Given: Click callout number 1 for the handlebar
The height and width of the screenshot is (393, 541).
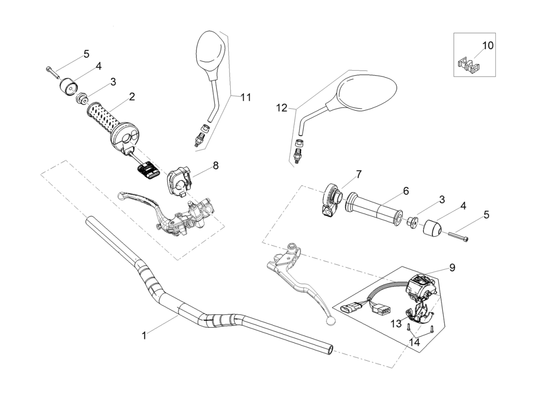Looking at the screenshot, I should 144,336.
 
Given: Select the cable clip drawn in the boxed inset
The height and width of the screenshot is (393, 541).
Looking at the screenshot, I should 469,65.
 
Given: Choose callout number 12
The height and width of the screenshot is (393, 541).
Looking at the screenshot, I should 281,108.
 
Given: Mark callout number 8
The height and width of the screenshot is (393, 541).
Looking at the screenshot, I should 215,166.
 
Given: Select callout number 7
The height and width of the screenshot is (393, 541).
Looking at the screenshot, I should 359,174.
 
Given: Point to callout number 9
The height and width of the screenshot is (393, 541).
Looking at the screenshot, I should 451,268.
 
